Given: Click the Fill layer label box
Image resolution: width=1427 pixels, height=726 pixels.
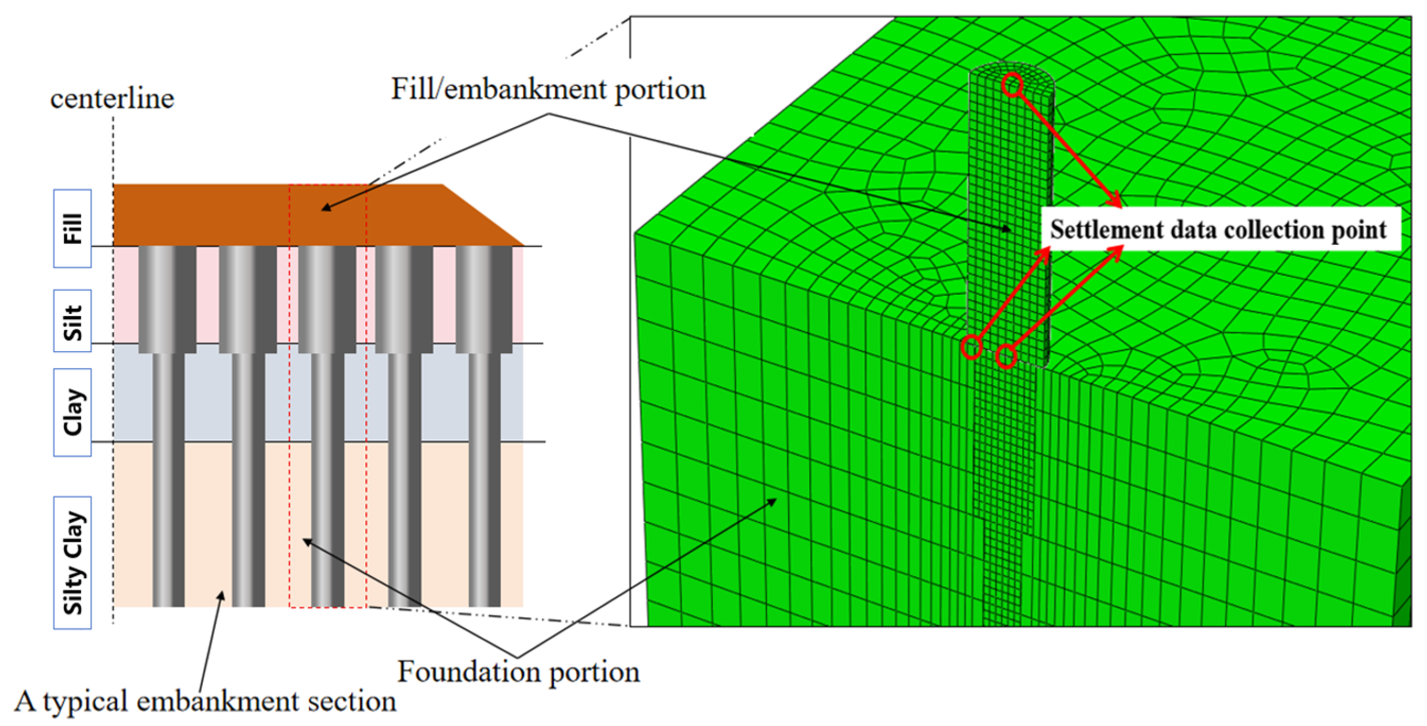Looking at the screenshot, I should [x=73, y=229].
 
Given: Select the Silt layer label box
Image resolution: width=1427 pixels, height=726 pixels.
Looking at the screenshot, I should [x=73, y=320].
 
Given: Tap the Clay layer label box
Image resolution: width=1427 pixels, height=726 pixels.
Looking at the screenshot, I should [x=73, y=413].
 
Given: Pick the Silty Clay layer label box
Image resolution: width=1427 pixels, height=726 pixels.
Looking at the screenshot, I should [x=73, y=563].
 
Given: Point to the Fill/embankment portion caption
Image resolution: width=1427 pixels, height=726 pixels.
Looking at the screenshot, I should [x=548, y=89].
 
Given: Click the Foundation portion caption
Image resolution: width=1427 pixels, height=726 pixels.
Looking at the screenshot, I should [x=519, y=672].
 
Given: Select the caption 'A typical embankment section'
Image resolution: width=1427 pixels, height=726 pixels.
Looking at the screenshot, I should [x=205, y=702].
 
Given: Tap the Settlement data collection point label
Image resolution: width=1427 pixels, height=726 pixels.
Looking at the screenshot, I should [x=1219, y=230].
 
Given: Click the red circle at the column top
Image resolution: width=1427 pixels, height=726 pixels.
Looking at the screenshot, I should [x=1012, y=85].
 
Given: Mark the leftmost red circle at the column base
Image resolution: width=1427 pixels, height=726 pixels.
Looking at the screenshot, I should [x=971, y=347].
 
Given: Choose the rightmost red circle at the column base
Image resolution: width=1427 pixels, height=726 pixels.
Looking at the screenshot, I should [x=1007, y=356].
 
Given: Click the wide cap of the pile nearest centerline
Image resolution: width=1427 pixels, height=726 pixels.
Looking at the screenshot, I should [x=167, y=299].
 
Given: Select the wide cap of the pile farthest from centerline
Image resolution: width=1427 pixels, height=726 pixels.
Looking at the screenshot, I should [x=484, y=299].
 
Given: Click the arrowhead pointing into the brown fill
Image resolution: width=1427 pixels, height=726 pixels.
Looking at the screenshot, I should [x=325, y=208].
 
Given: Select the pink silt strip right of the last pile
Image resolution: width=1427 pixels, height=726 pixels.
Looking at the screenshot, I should [x=518, y=294].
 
